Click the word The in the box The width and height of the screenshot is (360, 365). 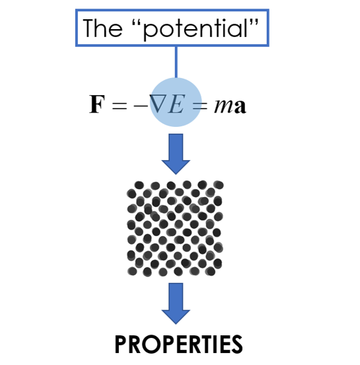point(102,28)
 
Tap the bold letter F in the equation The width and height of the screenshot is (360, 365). point(97,104)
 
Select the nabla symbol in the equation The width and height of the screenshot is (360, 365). point(158,104)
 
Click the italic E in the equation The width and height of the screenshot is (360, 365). point(178,104)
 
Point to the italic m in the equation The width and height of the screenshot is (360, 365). point(223,106)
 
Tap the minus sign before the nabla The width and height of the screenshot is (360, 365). point(141,106)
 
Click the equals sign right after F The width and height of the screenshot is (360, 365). point(120,106)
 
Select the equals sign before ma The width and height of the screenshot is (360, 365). point(200,106)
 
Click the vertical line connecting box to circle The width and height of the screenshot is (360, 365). point(176,62)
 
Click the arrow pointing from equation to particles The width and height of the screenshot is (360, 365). point(176,154)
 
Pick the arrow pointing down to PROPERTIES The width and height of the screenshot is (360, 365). point(176,304)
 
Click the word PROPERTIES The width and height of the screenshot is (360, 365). point(178,345)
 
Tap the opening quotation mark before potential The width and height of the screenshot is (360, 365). point(137,22)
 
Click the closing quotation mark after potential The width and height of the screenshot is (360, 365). point(254,22)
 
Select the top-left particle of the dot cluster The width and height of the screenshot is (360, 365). point(139,185)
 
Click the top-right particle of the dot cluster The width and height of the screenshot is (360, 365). point(219,185)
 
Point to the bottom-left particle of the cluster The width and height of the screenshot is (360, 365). point(132,271)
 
